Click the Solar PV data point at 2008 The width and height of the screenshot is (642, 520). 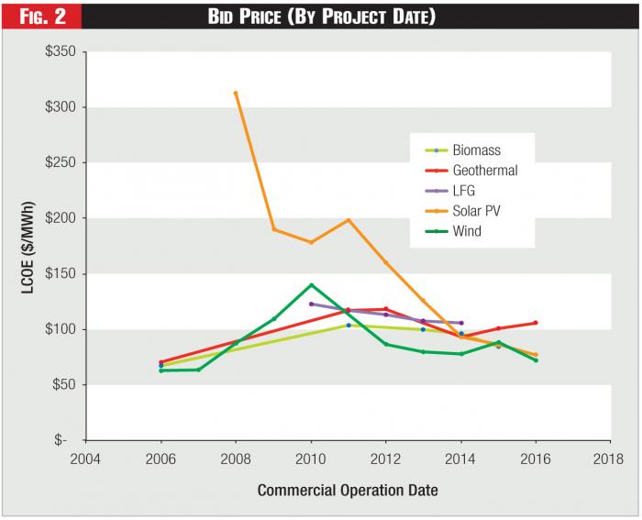coord(236,93)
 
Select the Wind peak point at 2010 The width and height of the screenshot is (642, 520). coord(311,285)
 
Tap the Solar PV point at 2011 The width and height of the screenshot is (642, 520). coord(349,220)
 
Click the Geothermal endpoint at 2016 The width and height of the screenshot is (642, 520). coord(536,323)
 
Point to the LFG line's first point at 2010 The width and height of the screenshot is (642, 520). coord(311,304)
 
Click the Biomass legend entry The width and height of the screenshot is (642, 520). coord(476,150)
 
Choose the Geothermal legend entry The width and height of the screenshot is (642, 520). coord(485,171)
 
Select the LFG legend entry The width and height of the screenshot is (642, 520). coord(465,191)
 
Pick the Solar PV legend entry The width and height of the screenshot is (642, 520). coord(476,211)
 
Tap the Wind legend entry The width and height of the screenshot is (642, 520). coord(467,231)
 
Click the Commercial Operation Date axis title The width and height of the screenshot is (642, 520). coord(348,490)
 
